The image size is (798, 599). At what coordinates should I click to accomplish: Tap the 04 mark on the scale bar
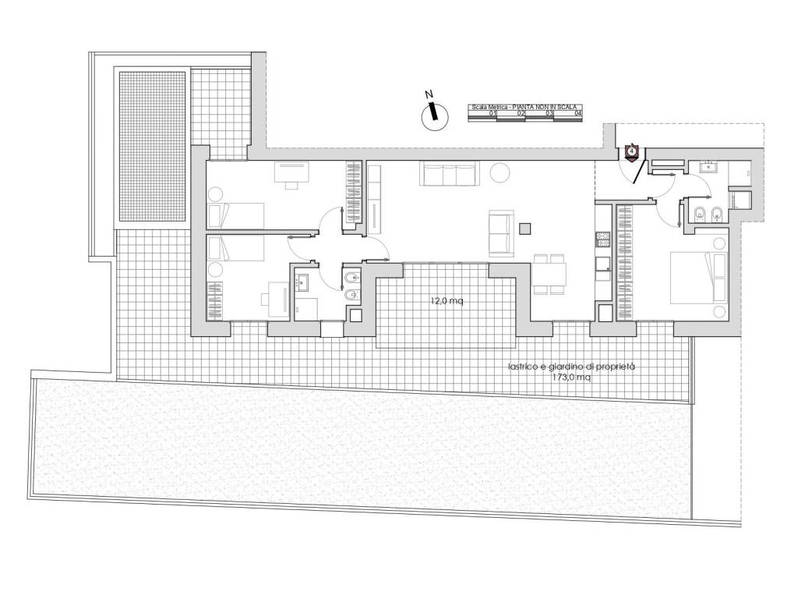click(577, 114)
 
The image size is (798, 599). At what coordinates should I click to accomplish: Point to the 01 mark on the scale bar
click(493, 114)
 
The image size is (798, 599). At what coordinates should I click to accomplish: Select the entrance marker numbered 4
click(631, 150)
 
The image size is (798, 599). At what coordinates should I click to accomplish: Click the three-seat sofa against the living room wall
click(449, 175)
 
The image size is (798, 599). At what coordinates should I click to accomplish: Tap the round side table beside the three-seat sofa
click(499, 171)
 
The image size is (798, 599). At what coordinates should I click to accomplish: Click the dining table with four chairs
click(550, 274)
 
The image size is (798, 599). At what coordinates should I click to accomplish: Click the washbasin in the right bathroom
click(711, 166)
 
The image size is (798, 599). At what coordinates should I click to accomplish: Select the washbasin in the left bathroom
click(304, 281)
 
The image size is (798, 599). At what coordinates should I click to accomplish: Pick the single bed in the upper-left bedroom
click(235, 214)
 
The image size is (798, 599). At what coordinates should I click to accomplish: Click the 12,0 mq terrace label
click(446, 302)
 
